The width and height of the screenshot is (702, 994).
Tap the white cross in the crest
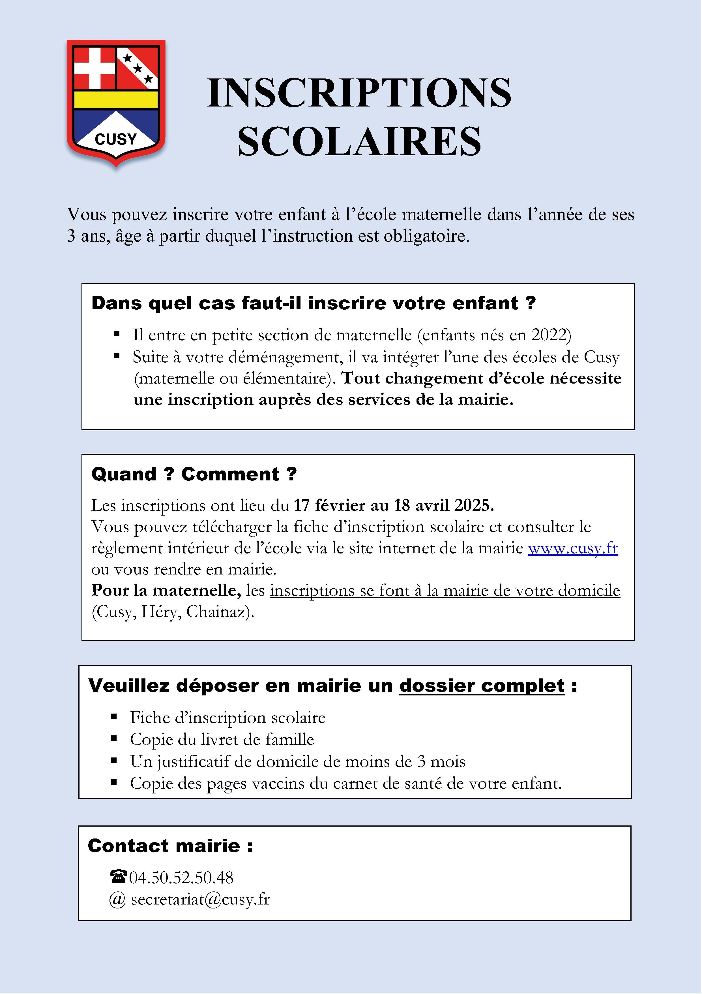coord(95,68)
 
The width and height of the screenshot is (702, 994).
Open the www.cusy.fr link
coord(572,548)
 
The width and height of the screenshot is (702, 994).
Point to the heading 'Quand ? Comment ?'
coord(194,474)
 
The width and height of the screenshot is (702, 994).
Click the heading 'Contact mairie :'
coord(170,846)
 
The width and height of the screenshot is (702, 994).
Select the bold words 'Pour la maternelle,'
coord(166,591)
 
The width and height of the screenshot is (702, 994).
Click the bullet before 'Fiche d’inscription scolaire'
coord(114,717)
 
